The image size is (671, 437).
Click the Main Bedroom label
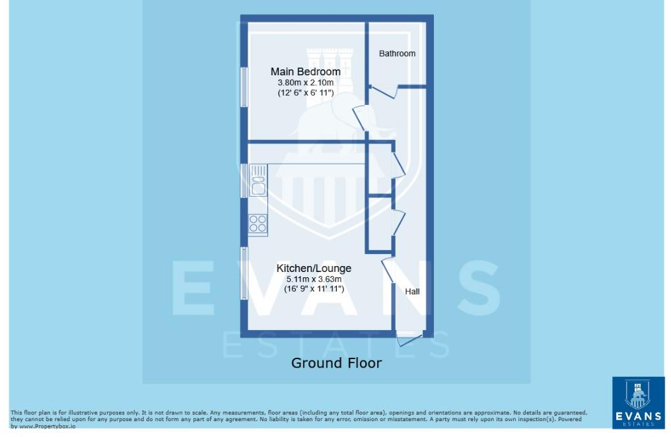click(305, 71)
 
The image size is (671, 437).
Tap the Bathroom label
click(397, 53)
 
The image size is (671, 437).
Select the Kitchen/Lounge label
click(313, 268)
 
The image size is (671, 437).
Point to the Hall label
click(412, 291)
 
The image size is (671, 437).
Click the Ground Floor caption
click(336, 362)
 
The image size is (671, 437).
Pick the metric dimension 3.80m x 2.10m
click(305, 83)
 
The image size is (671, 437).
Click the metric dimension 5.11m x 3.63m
click(313, 279)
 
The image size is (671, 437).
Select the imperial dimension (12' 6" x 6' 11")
click(305, 93)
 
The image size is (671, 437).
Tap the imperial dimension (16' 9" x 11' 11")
click(313, 289)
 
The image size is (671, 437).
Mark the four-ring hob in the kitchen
click(258, 223)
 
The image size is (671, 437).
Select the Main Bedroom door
click(360, 118)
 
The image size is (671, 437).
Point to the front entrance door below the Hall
click(409, 340)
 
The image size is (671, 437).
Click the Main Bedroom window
click(244, 86)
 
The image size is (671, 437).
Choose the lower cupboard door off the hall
click(399, 221)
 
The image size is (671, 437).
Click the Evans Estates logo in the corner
click(638, 402)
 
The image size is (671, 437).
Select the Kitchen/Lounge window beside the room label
click(244, 274)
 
